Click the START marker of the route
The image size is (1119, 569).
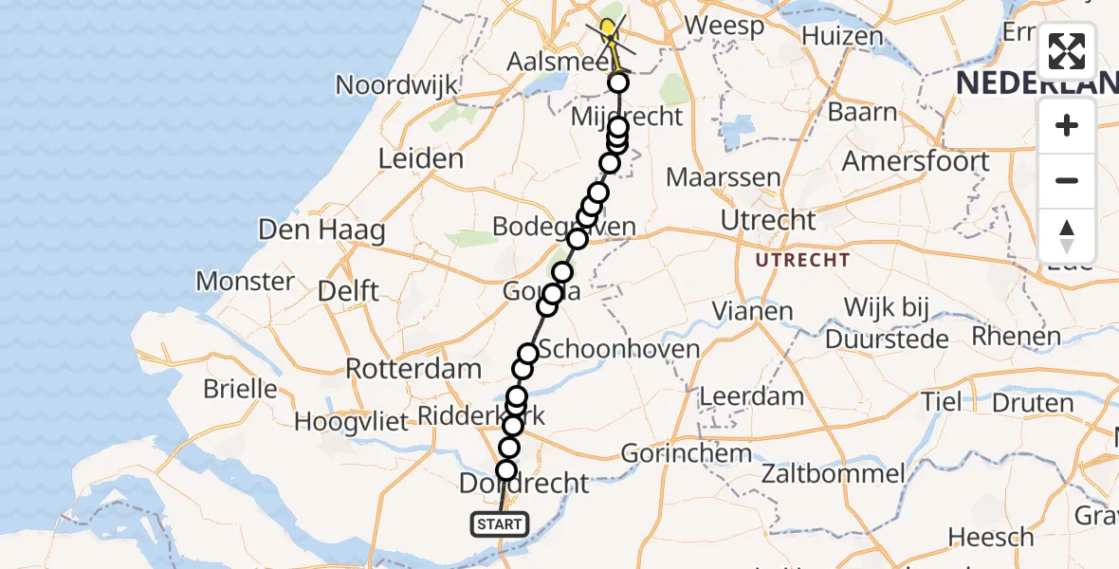[500, 523]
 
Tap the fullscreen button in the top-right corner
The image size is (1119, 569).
[1067, 51]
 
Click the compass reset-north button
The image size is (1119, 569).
[1067, 235]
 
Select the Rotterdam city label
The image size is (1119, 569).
[413, 368]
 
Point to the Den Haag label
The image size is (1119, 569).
[322, 229]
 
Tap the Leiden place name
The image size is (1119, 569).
[420, 158]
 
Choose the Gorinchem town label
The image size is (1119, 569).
[688, 452]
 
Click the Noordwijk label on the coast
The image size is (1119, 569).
[396, 84]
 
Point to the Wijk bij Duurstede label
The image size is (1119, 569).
[888, 322]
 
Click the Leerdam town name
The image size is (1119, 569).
[751, 396]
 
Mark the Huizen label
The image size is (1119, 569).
[842, 36]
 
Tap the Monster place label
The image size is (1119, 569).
[245, 281]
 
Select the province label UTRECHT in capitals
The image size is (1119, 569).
[802, 259]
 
